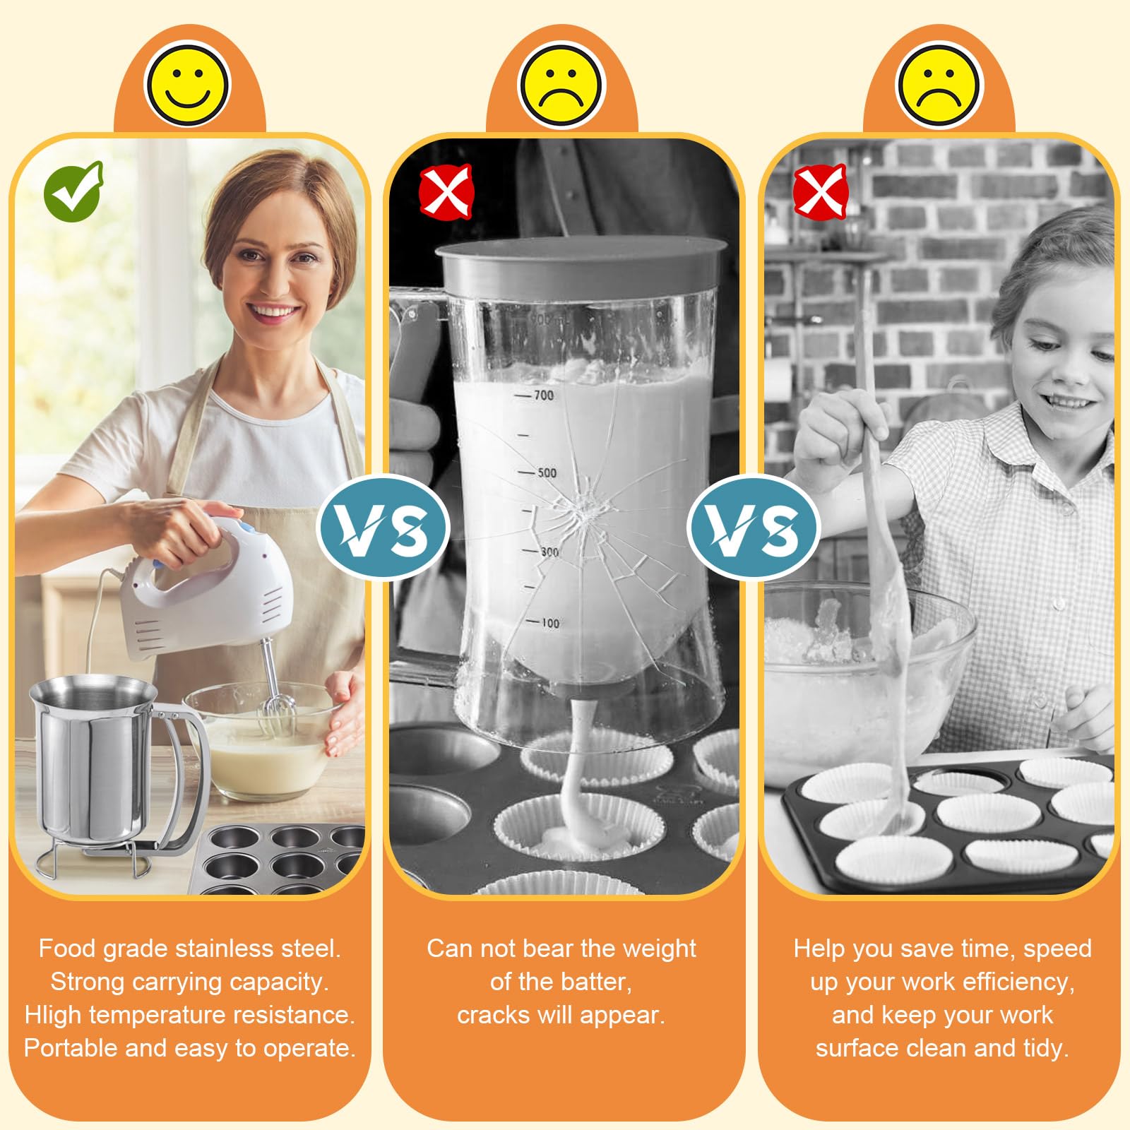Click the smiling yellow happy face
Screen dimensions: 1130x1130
pyautogui.click(x=187, y=84)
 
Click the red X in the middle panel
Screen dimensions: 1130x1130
pyautogui.click(x=446, y=191)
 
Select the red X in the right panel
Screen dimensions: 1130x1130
pyautogui.click(x=820, y=191)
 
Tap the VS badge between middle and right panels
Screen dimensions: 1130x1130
pyautogui.click(x=754, y=528)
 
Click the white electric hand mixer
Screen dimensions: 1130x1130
pyautogui.click(x=205, y=593)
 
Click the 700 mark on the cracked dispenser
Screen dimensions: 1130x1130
pyautogui.click(x=543, y=395)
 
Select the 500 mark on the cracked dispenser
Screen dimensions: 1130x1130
pyautogui.click(x=547, y=472)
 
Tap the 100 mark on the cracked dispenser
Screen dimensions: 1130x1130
pyautogui.click(x=550, y=623)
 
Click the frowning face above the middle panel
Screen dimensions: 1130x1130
pyautogui.click(x=561, y=84)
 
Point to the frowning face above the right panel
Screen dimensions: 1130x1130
pyautogui.click(x=939, y=84)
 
